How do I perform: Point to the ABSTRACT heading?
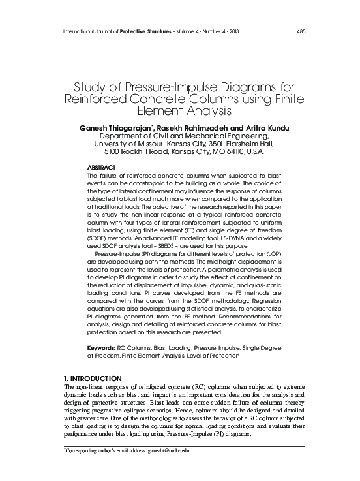(x=102, y=168)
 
